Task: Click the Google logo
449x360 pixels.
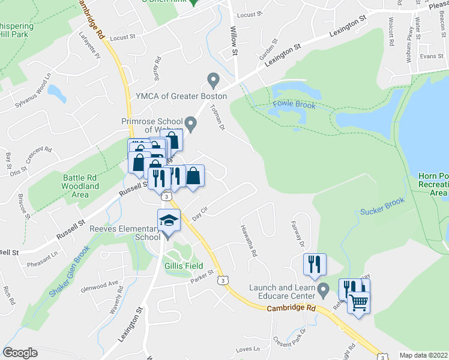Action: tap(20, 353)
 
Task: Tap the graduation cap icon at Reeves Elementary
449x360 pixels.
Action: tap(169, 220)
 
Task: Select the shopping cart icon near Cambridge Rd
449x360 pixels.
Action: tap(358, 302)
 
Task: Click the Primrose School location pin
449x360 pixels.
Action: tap(191, 124)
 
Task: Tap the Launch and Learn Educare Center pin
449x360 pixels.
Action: tap(324, 291)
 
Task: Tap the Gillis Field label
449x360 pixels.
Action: tap(184, 266)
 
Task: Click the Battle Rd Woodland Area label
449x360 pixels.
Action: tap(81, 186)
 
